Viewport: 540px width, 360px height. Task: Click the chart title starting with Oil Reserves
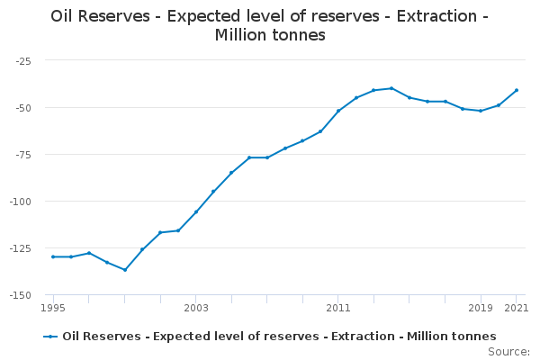(269, 25)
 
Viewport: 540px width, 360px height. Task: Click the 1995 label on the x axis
(53, 308)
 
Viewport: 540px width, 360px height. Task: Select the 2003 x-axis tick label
(195, 308)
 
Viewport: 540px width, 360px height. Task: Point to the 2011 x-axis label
(337, 308)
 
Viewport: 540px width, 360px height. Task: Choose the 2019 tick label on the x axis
(481, 308)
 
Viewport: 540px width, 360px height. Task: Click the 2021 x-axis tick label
(516, 308)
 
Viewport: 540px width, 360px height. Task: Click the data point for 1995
(53, 256)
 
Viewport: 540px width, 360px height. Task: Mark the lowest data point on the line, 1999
(124, 270)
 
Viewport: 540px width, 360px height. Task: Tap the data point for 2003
(195, 212)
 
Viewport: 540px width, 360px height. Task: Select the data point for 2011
(337, 111)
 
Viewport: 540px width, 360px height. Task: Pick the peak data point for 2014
(391, 88)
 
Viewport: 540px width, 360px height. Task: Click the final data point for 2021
(516, 90)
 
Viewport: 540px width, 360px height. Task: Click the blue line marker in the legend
(51, 337)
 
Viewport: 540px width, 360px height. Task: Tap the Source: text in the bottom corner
(508, 352)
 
